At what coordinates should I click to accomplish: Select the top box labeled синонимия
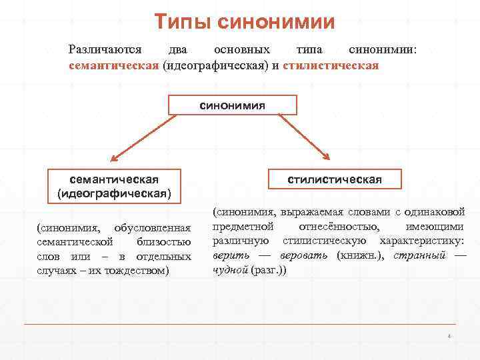point(233,105)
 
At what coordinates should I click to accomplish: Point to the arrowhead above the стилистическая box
point(326,157)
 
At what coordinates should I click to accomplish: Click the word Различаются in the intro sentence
point(105,50)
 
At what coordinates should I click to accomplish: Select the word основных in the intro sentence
point(241,50)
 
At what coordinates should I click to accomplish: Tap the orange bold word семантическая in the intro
point(114,66)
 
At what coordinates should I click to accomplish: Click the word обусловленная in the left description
point(153,228)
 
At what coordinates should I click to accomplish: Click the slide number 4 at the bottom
point(449,336)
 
